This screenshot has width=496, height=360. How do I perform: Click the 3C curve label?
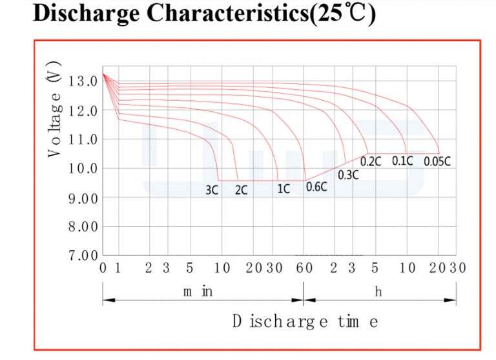(x=212, y=190)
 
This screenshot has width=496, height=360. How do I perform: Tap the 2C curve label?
(x=242, y=190)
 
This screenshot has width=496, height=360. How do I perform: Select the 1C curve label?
(x=284, y=189)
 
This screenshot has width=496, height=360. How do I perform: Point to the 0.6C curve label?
(x=316, y=187)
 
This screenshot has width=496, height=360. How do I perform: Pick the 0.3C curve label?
(x=348, y=175)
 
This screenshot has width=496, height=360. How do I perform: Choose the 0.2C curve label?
(x=371, y=162)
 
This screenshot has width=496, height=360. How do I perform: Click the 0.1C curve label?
(x=402, y=161)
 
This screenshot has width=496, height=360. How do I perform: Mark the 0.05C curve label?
(x=437, y=162)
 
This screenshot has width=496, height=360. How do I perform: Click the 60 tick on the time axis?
(x=304, y=268)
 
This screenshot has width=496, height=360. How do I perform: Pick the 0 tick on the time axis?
(x=103, y=268)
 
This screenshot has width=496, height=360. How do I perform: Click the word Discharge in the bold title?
(x=86, y=14)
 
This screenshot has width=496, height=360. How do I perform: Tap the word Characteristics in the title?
(x=228, y=14)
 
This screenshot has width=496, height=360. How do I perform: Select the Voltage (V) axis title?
(x=54, y=109)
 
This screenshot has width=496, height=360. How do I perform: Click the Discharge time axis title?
(x=305, y=321)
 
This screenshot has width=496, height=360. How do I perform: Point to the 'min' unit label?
(x=198, y=291)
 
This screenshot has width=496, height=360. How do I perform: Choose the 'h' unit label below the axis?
(x=378, y=291)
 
